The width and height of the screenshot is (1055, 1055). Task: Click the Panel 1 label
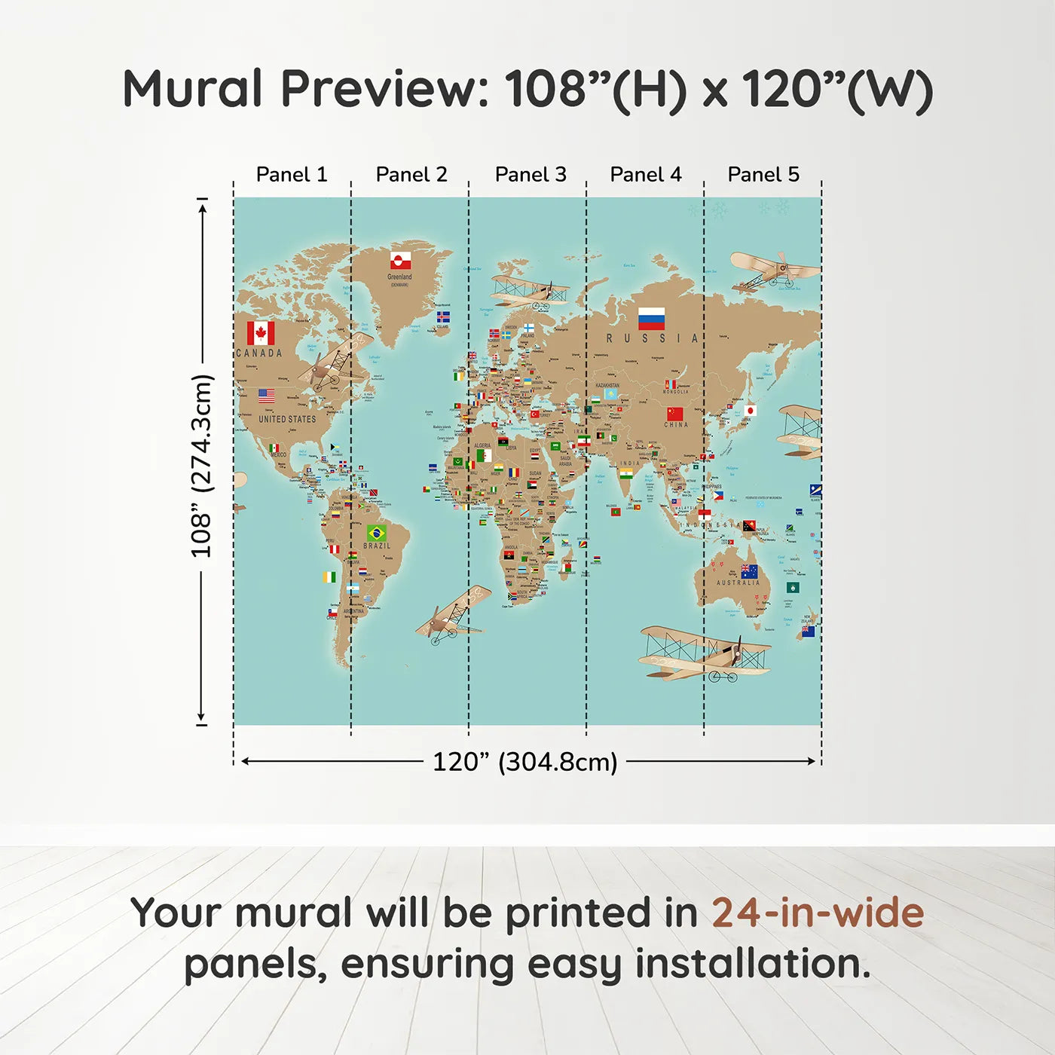(292, 175)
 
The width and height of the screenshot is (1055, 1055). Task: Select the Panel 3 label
(531, 175)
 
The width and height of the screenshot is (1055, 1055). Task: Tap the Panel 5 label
(763, 175)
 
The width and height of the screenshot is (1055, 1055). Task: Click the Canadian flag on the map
(261, 333)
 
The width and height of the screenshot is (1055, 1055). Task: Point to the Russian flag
(651, 319)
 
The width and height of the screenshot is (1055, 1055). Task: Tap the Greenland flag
(400, 261)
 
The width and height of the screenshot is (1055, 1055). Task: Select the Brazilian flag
(377, 534)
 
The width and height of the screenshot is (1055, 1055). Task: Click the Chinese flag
(675, 414)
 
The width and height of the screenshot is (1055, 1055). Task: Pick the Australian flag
(749, 571)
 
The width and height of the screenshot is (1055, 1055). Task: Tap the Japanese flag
(749, 411)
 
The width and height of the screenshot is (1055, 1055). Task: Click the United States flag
(267, 396)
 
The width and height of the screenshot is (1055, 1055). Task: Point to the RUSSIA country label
(653, 339)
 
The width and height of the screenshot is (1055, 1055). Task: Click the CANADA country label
(259, 353)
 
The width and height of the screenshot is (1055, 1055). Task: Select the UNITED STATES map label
(287, 419)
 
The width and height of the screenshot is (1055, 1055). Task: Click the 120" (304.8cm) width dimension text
(524, 762)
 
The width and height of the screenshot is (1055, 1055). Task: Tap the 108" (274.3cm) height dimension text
(201, 466)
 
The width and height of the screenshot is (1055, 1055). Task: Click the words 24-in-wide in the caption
(818, 913)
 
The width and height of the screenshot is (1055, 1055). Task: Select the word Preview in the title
(385, 89)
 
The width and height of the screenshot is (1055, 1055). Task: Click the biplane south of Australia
(705, 653)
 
